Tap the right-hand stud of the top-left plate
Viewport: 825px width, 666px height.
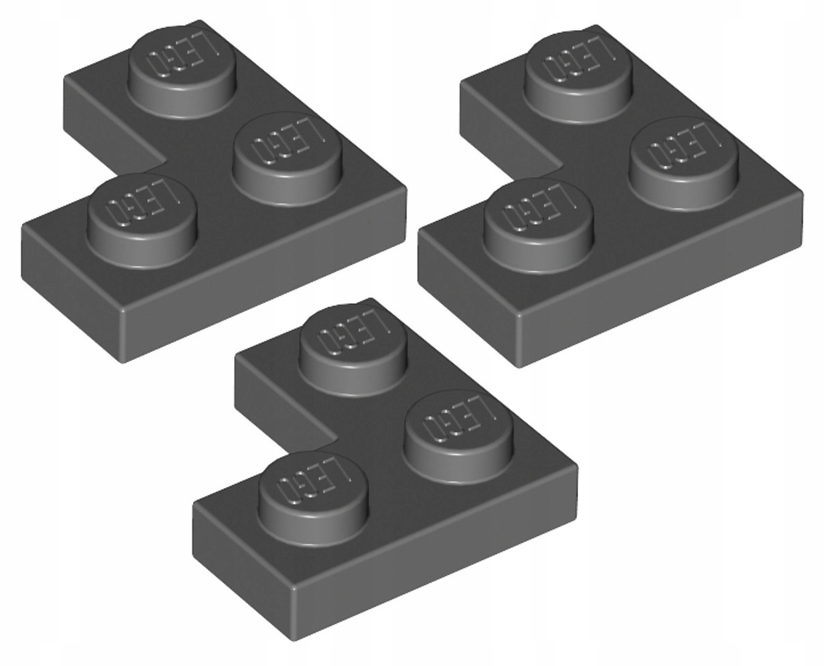click(287, 151)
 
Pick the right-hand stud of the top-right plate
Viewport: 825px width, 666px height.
click(684, 156)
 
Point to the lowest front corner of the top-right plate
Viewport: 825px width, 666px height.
click(519, 366)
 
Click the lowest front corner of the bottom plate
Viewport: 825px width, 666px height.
click(294, 639)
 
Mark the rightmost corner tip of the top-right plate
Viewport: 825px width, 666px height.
click(802, 195)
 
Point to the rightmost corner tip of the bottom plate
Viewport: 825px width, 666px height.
click(576, 469)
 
